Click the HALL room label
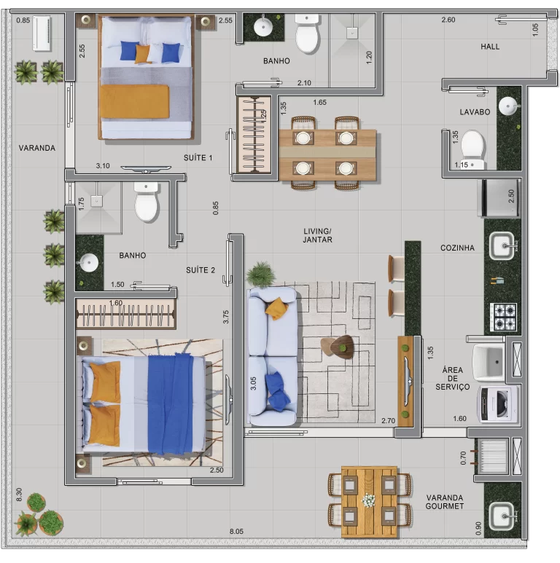[x=490, y=47]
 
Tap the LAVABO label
[x=475, y=112]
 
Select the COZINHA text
[x=457, y=248]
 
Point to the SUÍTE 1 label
[x=198, y=157]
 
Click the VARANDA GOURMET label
[x=445, y=502]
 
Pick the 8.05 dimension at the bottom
[x=236, y=532]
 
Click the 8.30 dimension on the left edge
[x=19, y=495]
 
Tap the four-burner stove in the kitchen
[x=503, y=317]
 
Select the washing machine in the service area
[x=498, y=405]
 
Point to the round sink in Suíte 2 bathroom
[x=88, y=262]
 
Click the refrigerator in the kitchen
[x=499, y=198]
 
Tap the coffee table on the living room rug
[x=338, y=347]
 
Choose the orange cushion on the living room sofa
[x=276, y=308]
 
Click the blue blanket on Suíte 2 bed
[x=171, y=404]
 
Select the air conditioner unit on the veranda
[x=42, y=34]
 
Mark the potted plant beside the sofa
[x=261, y=275]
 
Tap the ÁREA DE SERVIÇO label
[x=453, y=379]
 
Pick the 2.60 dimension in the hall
[x=448, y=20]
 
